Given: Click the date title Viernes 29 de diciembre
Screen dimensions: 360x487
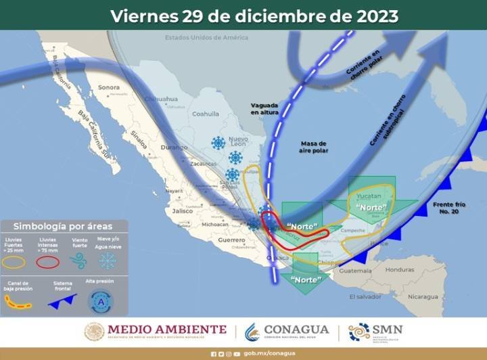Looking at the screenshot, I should pyautogui.click(x=254, y=15).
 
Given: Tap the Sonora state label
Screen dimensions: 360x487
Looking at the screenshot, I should pyautogui.click(x=108, y=87).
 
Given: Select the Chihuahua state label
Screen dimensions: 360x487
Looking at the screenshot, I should pyautogui.click(x=162, y=99).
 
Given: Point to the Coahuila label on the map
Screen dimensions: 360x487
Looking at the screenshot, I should pyautogui.click(x=206, y=114).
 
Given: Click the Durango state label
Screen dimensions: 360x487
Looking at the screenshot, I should pyautogui.click(x=154, y=146).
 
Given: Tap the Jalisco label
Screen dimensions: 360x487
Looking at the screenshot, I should pyautogui.click(x=183, y=211).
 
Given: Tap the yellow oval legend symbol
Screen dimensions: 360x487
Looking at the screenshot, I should pyautogui.click(x=16, y=262).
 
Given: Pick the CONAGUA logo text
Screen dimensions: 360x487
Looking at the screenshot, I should pyautogui.click(x=296, y=330).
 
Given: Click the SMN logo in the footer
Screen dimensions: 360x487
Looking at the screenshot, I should pyautogui.click(x=375, y=331).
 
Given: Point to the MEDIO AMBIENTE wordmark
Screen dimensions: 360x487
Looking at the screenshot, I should pyautogui.click(x=166, y=329).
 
